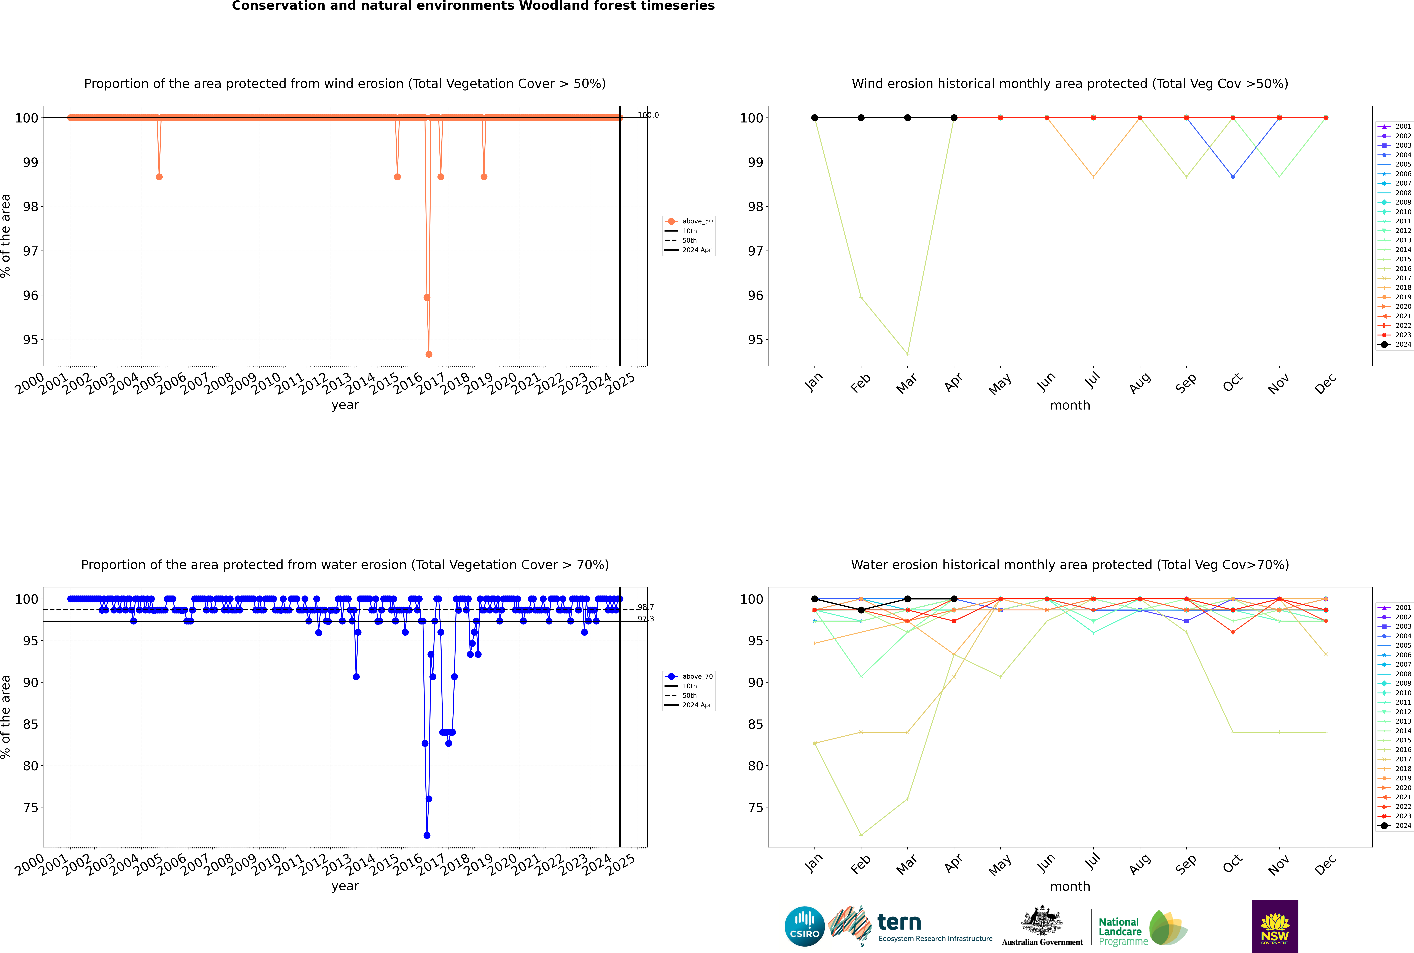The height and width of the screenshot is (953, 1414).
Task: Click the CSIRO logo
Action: click(804, 926)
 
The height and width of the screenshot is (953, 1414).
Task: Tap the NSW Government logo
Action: click(1275, 926)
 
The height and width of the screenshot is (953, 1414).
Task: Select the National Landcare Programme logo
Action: click(1142, 928)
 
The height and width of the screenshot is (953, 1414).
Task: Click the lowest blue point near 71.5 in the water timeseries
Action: click(427, 835)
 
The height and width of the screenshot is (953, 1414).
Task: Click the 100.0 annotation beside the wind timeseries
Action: click(648, 115)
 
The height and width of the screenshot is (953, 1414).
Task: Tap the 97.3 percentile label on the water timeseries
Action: click(646, 619)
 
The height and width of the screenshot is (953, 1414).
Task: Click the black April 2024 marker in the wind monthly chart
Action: click(954, 118)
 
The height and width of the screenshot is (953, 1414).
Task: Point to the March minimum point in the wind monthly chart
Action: click(908, 354)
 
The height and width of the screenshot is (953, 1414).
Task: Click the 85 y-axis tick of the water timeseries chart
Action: click(30, 724)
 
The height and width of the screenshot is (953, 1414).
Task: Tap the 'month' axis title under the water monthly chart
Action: click(1070, 886)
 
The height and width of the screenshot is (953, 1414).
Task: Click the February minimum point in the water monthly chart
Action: click(861, 835)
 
